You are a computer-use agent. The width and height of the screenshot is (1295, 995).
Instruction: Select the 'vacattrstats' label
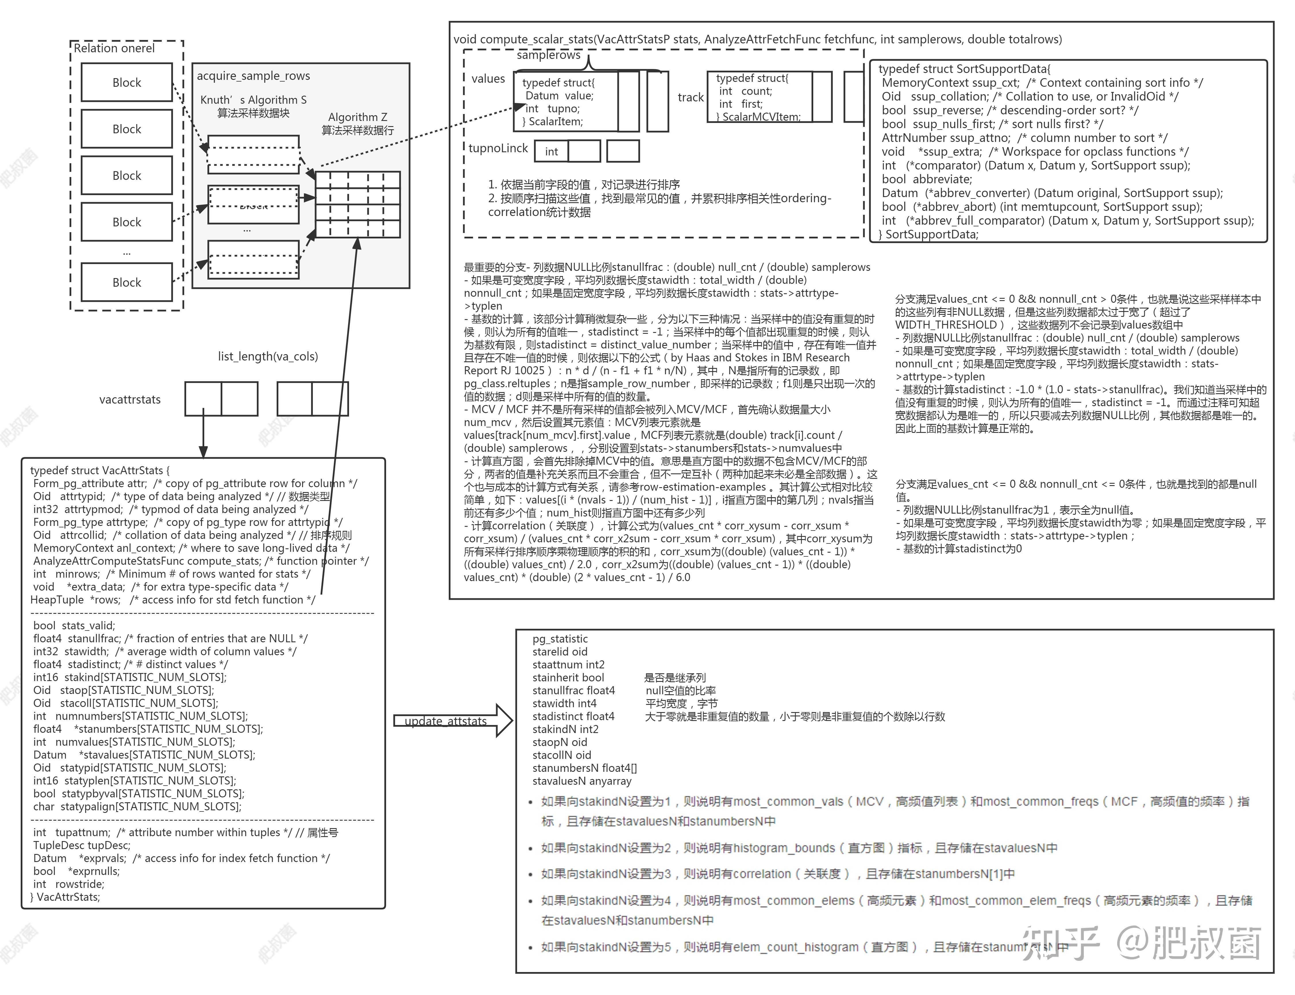[x=130, y=400]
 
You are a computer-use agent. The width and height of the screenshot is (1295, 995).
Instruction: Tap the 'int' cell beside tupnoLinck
[x=551, y=152]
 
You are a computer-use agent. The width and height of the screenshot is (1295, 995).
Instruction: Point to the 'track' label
[x=690, y=97]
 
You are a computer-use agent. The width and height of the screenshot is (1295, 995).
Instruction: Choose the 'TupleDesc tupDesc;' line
[x=82, y=845]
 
